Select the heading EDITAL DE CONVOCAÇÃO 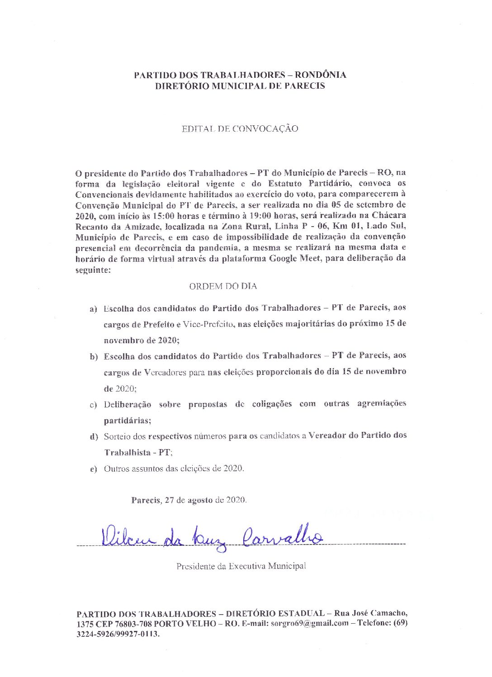(240, 129)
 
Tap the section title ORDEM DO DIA (223, 286)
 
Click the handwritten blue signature (210, 537)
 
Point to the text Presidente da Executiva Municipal (241, 566)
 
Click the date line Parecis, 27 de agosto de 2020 (189, 501)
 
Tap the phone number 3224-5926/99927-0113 (118, 634)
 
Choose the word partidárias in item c (127, 421)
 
